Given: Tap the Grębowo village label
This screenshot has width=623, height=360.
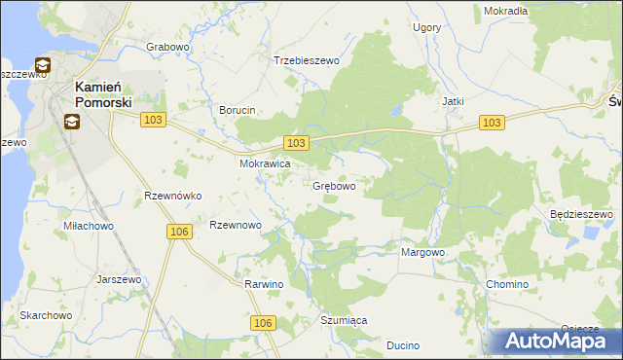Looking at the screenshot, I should [333, 186].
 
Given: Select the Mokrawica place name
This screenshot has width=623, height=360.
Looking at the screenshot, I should [266, 164].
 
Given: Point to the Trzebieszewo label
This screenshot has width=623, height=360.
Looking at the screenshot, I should [306, 60].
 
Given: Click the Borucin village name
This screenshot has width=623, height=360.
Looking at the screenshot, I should [238, 111].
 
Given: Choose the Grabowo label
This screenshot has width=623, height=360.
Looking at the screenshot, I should [167, 47].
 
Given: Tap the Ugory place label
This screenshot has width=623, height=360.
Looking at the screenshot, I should [426, 28].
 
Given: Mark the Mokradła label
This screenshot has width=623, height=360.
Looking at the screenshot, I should [505, 11].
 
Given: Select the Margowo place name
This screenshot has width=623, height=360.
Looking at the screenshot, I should [423, 253].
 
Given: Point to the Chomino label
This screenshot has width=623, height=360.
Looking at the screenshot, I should [507, 284].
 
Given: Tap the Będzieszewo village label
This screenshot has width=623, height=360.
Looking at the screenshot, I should [579, 214].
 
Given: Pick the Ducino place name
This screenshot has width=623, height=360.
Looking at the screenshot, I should [402, 344].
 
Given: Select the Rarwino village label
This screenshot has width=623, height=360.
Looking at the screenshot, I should [264, 284].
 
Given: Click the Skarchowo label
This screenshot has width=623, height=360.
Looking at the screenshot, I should [46, 316].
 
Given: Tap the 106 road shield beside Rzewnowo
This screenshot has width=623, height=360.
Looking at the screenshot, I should [177, 231].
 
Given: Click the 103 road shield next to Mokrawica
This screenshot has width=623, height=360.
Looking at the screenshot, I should [297, 143].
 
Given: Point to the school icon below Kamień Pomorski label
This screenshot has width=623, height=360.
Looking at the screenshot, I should [72, 122].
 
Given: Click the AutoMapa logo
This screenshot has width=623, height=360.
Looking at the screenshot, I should [556, 341].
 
